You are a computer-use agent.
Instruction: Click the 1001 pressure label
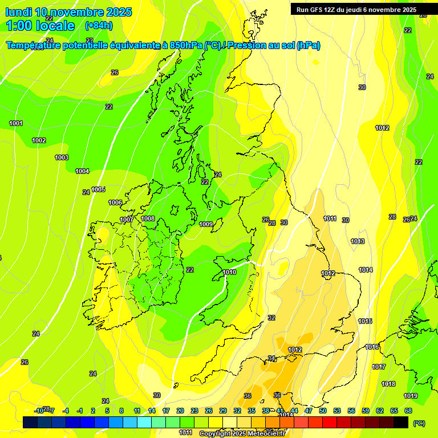(16, 123)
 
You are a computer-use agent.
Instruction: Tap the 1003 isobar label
(62, 157)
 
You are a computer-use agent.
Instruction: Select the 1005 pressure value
(98, 189)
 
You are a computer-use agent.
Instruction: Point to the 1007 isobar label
(127, 220)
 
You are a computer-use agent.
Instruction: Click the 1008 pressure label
(148, 218)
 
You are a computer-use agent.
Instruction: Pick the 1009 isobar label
(206, 224)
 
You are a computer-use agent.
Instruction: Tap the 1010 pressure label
(229, 272)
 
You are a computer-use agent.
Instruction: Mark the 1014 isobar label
(366, 270)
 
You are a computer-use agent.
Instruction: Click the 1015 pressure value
(365, 322)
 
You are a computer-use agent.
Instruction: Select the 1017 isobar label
(379, 367)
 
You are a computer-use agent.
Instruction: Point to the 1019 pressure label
(411, 396)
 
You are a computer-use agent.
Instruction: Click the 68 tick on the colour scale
(408, 411)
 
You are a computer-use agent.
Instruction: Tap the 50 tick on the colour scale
(323, 411)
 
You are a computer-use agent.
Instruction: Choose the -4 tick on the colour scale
(66, 411)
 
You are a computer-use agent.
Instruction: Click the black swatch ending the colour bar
(401, 422)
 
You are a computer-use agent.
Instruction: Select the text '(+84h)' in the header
(98, 25)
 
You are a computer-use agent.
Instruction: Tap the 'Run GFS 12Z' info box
(356, 10)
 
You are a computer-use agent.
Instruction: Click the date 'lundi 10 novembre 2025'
(68, 12)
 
